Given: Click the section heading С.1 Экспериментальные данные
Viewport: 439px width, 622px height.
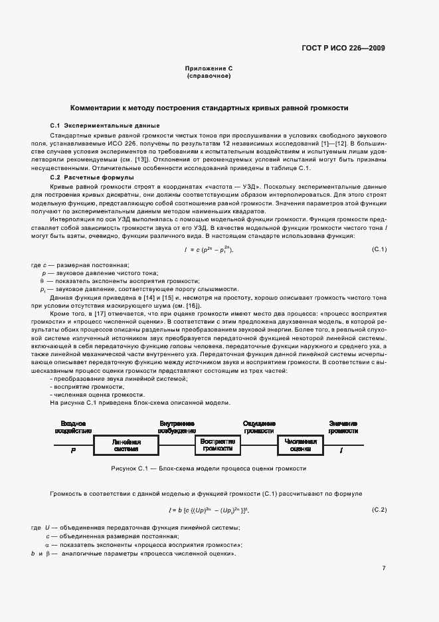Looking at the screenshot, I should pyautogui.click(x=104, y=126).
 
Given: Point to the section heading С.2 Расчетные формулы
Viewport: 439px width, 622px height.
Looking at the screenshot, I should pyautogui.click(x=92, y=177).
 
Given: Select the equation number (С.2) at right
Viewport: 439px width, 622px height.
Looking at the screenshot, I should pyautogui.click(x=379, y=510).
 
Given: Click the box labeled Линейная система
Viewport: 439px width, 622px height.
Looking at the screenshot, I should pyautogui.click(x=126, y=445).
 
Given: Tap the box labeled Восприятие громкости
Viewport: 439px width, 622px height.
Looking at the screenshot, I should pyautogui.click(x=217, y=445).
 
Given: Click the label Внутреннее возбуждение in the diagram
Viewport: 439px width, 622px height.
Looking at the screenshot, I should pyautogui.click(x=176, y=427).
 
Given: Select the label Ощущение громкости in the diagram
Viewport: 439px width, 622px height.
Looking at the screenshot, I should pyautogui.click(x=259, y=427).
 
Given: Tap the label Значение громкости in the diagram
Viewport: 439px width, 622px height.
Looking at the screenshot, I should pyautogui.click(x=343, y=427).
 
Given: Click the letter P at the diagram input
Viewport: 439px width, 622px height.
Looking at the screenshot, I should pyautogui.click(x=74, y=451).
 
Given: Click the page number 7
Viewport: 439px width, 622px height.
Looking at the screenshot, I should pyautogui.click(x=384, y=568).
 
